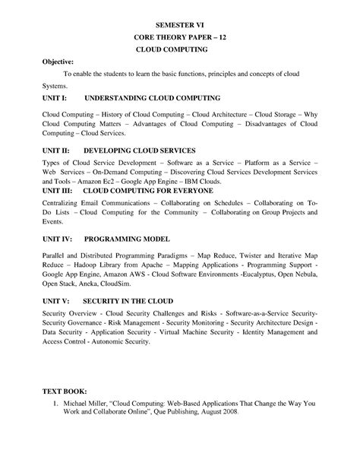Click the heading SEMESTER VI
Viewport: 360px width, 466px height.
coord(179,24)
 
